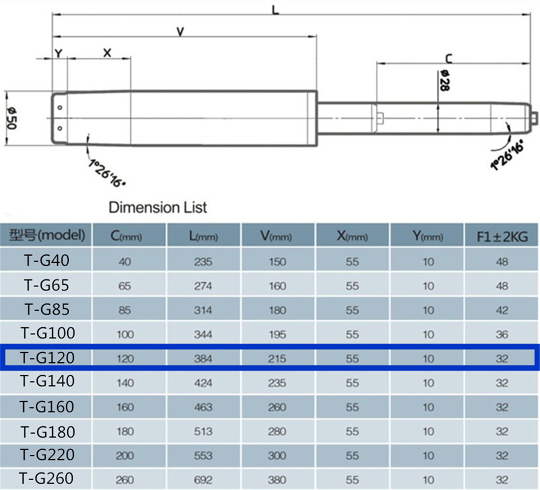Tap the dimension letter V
(x=181, y=32)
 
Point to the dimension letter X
(x=108, y=52)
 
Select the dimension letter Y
(x=58, y=53)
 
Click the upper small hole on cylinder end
(x=59, y=108)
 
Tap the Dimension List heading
(x=158, y=207)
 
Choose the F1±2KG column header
(x=502, y=236)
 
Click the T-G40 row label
(x=47, y=260)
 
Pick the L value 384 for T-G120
(x=203, y=359)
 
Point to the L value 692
(x=203, y=479)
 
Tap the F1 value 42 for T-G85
(x=502, y=310)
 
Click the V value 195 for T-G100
(x=277, y=335)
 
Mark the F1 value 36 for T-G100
(x=502, y=335)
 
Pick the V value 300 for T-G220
(x=277, y=456)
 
